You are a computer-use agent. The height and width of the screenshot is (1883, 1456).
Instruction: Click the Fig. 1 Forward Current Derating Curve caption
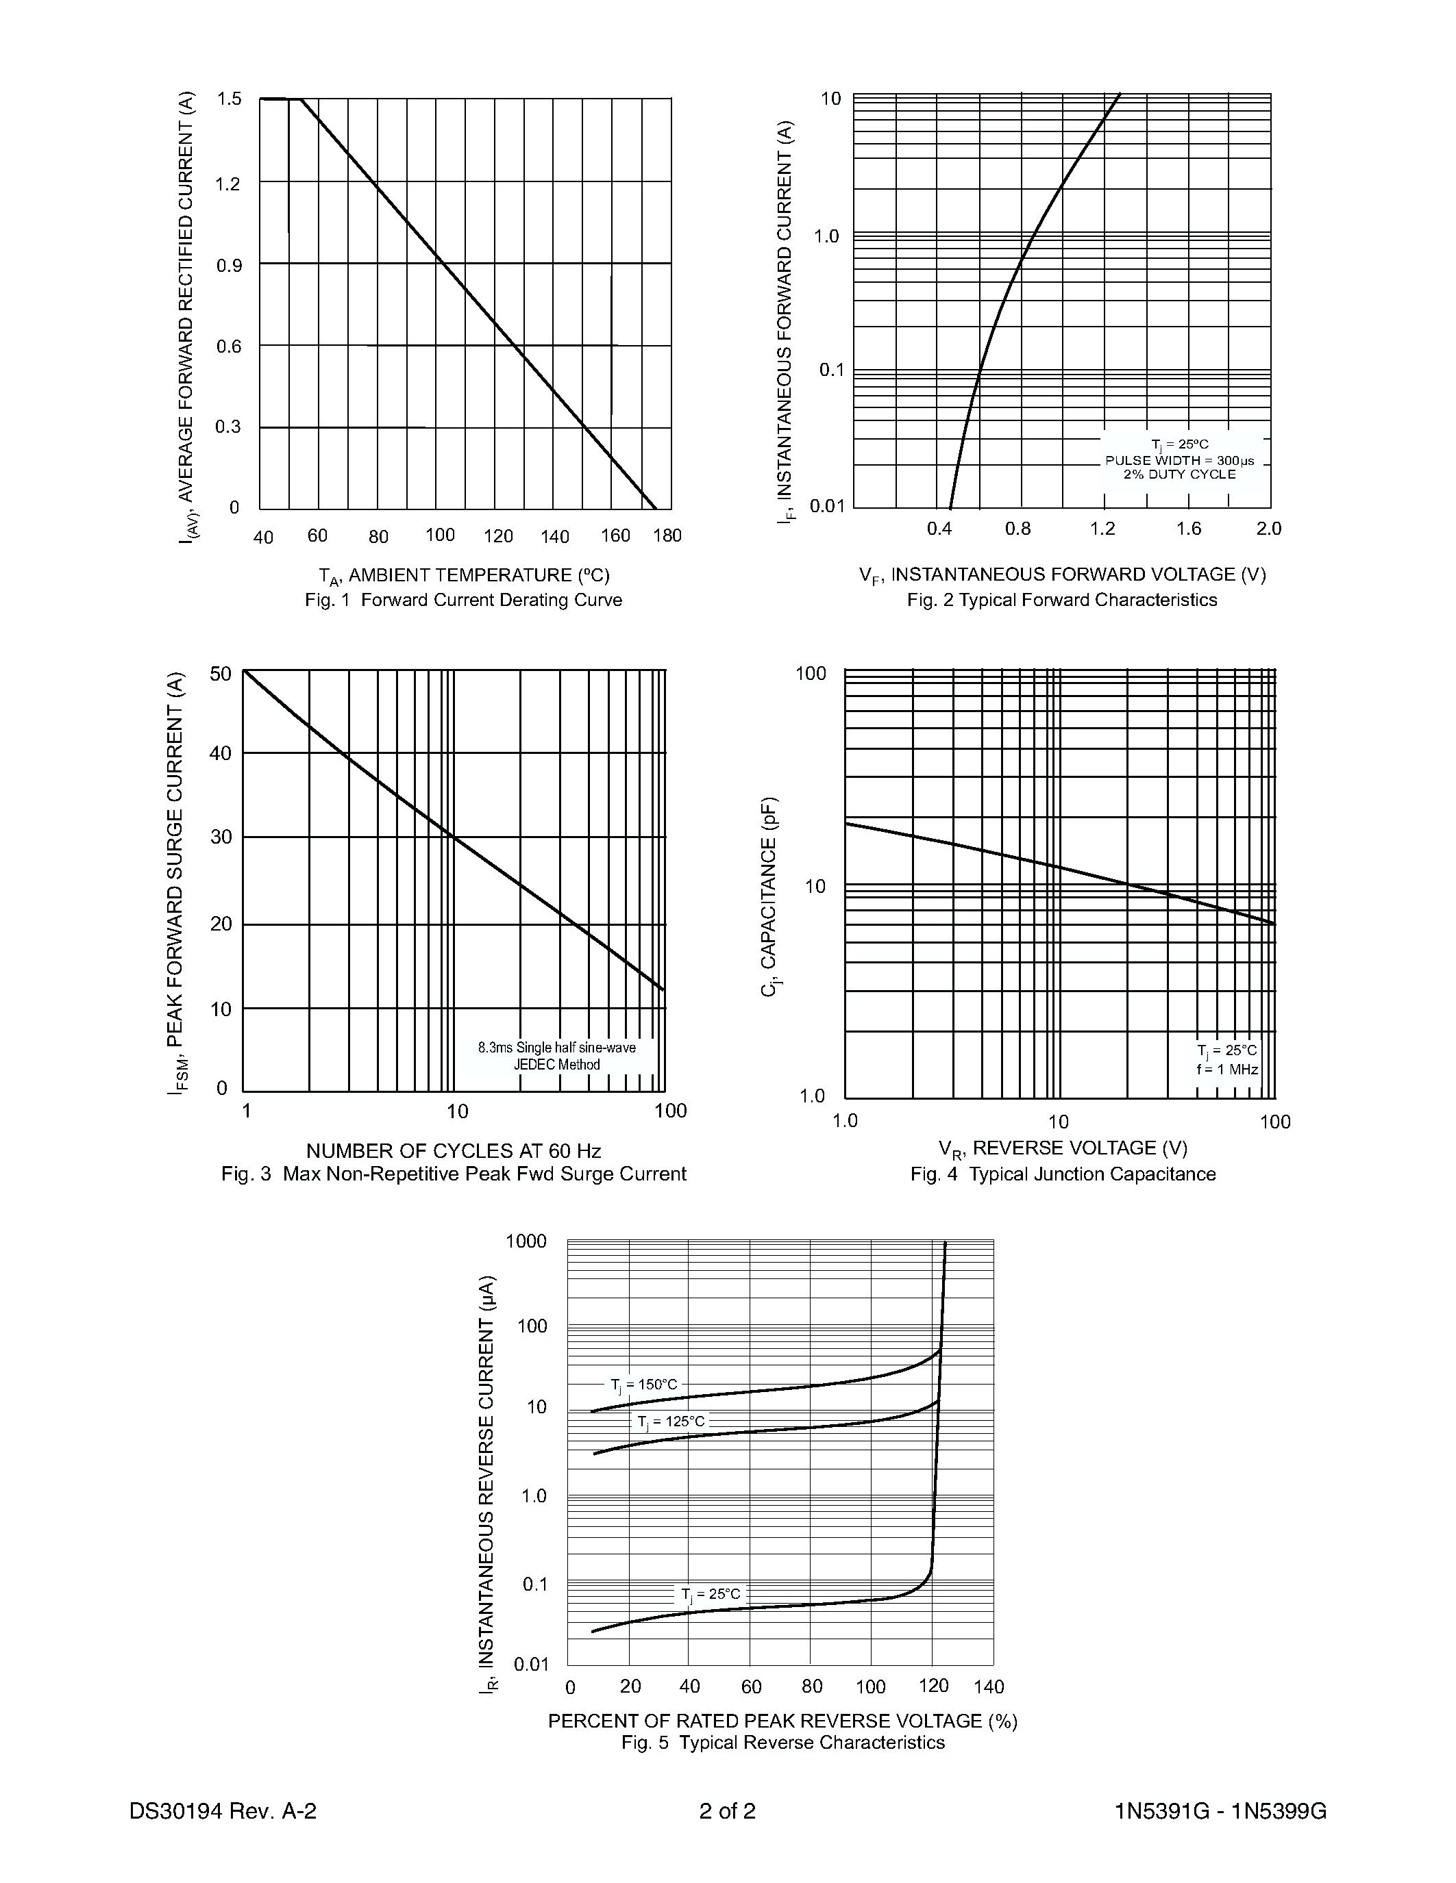[x=463, y=600]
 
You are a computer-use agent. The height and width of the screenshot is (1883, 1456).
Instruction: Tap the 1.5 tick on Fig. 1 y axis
[x=230, y=99]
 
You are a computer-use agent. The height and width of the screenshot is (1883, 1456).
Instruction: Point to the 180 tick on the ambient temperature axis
[x=667, y=535]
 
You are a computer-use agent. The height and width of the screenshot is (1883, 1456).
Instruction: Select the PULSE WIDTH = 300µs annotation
[x=1179, y=460]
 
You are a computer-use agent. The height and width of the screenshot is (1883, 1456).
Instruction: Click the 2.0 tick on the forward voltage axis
[x=1268, y=529]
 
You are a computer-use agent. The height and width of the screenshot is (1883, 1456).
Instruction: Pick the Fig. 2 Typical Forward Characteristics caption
[x=1062, y=600]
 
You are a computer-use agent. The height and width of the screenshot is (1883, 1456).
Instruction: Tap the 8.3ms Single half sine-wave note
[x=556, y=1048]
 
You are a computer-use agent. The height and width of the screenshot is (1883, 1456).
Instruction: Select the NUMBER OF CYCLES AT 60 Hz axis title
[x=454, y=1151]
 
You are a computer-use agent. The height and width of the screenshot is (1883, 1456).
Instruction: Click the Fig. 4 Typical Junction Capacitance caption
[x=1063, y=1174]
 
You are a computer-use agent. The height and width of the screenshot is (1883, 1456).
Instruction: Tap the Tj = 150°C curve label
[x=643, y=1385]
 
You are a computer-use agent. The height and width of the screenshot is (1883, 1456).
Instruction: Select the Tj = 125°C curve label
[x=670, y=1421]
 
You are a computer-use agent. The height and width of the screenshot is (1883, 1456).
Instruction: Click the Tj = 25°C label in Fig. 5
[x=710, y=1594]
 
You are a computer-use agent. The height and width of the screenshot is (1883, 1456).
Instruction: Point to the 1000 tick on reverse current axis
[x=526, y=1241]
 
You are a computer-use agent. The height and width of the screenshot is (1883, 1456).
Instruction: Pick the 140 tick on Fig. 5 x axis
[x=989, y=1686]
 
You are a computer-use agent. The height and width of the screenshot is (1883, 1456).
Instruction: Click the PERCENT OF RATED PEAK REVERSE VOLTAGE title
[x=782, y=1721]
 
